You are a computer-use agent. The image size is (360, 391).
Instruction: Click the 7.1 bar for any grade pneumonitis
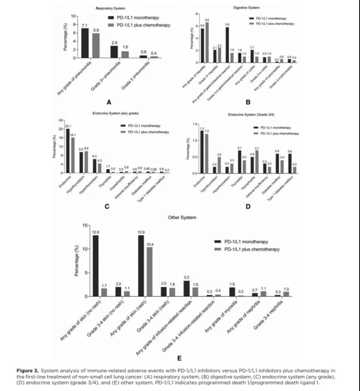[84, 43]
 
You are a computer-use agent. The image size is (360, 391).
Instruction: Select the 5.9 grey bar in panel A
[96, 45]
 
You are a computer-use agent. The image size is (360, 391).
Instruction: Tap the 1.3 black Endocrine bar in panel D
[202, 152]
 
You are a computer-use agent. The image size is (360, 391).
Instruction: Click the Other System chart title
[182, 217]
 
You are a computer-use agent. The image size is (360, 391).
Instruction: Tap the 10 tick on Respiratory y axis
[73, 16]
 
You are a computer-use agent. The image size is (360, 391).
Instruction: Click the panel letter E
[180, 358]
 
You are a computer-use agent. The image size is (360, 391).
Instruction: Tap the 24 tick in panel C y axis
[61, 120]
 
